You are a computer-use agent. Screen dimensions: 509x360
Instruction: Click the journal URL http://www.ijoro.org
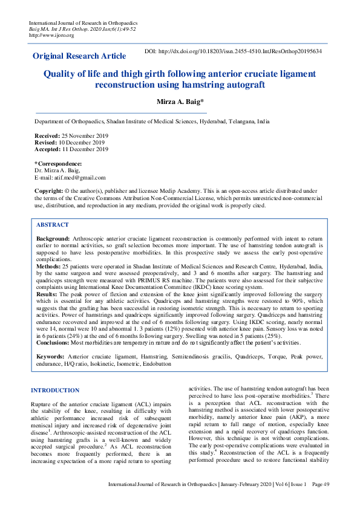coord(51,35)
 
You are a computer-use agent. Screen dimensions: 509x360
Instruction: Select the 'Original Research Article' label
coord(79,56)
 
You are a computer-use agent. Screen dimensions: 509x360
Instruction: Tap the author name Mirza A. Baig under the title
coord(179,101)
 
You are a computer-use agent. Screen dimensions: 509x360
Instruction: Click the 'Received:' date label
coord(47,136)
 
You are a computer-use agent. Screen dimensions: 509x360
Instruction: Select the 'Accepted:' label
coord(47,149)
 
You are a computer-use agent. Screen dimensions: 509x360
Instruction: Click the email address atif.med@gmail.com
coord(78,178)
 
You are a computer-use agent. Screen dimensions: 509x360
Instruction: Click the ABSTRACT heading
coord(53,225)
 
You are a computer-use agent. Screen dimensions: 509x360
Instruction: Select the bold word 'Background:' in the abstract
coord(53,239)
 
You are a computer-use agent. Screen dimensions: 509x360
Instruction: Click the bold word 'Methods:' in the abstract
coord(49,265)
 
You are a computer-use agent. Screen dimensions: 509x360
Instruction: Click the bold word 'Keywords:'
coord(51,357)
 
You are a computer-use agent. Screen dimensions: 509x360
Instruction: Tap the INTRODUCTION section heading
coord(55,391)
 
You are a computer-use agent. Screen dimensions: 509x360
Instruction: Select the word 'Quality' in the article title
coord(60,74)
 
